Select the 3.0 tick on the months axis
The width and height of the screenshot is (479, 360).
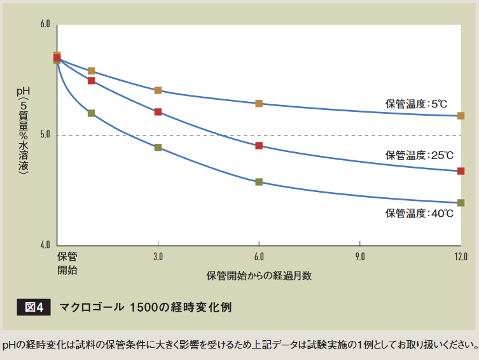158,256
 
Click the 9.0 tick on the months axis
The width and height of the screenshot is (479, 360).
360,256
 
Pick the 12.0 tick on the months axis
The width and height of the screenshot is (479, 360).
461,256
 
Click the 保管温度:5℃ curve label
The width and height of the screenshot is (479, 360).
416,103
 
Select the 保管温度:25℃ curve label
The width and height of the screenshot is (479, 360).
419,155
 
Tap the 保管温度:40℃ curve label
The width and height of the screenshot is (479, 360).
419,213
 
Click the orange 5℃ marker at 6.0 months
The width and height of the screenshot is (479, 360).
259,103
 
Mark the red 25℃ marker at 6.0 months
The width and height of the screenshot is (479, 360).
259,146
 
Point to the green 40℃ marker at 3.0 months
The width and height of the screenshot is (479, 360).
158,148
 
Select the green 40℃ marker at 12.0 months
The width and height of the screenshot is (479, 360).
461,203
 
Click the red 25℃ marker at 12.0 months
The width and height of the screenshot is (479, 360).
461,171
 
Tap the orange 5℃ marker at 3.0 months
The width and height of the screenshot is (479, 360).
158,90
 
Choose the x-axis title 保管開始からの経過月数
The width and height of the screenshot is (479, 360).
258,276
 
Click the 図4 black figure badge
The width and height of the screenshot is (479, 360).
32,307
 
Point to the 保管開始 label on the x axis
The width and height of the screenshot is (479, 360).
67,263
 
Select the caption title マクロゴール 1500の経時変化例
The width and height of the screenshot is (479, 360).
145,307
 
